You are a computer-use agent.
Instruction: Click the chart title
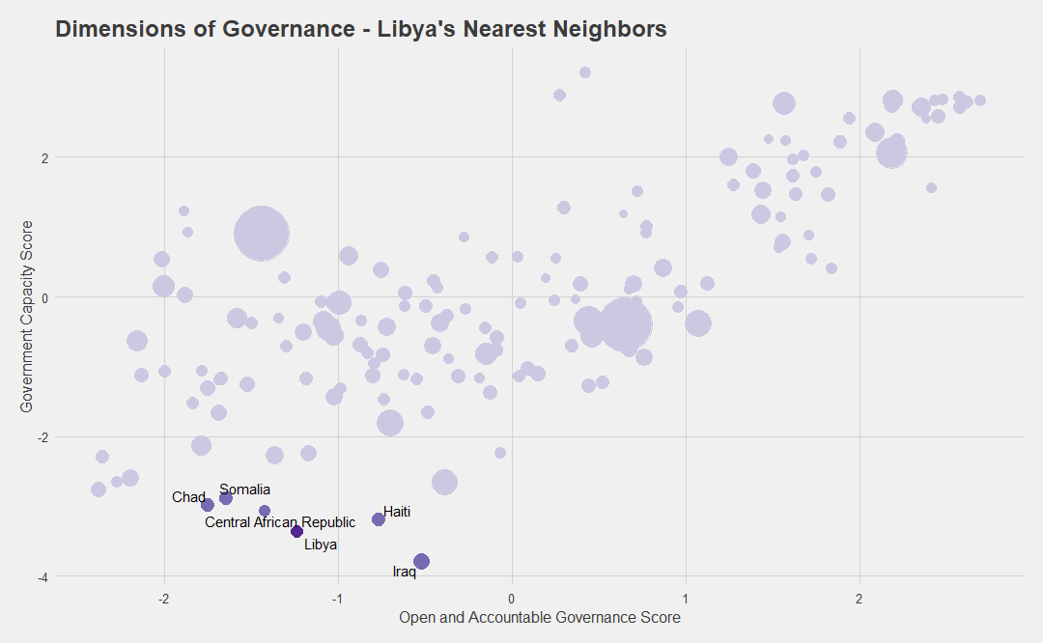click(361, 29)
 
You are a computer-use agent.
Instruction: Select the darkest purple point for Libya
click(296, 532)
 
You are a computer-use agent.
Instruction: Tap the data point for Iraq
click(421, 562)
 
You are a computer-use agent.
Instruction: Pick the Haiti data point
click(379, 518)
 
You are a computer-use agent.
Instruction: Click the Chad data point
click(208, 505)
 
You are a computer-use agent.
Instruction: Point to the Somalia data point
click(225, 498)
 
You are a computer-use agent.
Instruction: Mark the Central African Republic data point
click(264, 511)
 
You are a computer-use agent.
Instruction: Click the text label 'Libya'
click(321, 545)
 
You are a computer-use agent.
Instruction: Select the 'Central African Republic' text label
click(280, 523)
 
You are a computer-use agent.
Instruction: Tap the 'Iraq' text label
click(405, 572)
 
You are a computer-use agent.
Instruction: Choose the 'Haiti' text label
click(397, 512)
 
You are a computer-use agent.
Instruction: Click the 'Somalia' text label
click(244, 490)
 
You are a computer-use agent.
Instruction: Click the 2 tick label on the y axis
click(44, 158)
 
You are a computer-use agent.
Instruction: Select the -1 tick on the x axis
click(337, 599)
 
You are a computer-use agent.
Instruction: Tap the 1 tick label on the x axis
click(686, 599)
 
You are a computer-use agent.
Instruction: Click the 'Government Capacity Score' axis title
click(27, 317)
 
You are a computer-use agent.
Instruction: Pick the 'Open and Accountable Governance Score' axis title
click(540, 617)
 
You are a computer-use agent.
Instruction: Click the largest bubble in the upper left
click(262, 234)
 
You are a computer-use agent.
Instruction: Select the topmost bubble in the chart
click(585, 72)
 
